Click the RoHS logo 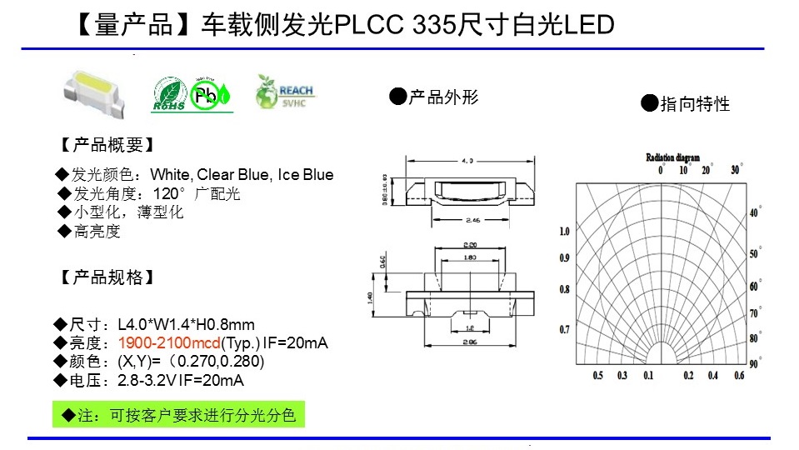[x=170, y=95]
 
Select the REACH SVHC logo [x=285, y=93]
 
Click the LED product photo [x=98, y=91]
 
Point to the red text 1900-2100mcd [x=169, y=343]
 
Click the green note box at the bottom [x=179, y=414]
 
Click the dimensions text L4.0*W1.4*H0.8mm [x=186, y=324]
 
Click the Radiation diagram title [x=672, y=157]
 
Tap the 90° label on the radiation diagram [x=754, y=363]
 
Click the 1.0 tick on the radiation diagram [x=564, y=231]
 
